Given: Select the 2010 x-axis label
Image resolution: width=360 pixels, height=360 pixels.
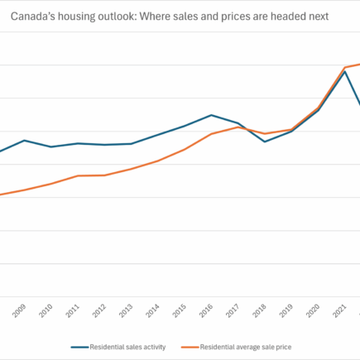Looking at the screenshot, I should (46, 310).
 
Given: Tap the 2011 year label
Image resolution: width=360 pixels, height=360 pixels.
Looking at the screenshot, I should (73, 310).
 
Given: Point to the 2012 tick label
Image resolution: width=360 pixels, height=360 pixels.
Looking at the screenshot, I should (100, 310).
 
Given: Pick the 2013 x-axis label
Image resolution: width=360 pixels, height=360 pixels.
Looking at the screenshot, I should (127, 310).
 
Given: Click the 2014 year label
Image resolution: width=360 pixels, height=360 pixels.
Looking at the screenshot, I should (153, 310).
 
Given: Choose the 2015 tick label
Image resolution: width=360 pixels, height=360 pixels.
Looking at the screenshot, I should (180, 310).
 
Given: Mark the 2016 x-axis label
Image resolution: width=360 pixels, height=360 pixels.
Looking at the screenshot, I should (207, 310).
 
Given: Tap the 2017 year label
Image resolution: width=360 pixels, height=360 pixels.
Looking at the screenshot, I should (233, 310).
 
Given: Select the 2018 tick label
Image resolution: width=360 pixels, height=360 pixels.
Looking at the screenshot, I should (260, 310).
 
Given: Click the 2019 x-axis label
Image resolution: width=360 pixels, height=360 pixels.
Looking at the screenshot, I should (287, 310).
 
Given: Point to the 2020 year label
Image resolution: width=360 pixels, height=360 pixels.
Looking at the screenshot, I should (314, 310).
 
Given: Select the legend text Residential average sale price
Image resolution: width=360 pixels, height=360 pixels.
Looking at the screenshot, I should (246, 347).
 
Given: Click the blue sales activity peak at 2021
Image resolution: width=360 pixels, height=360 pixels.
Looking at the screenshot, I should (344, 71).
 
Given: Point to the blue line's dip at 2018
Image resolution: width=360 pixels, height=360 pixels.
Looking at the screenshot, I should (265, 142).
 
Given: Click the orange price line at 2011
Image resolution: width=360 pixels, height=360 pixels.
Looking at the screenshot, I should (78, 175).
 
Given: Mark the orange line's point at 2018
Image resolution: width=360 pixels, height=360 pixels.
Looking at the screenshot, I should (265, 133).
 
